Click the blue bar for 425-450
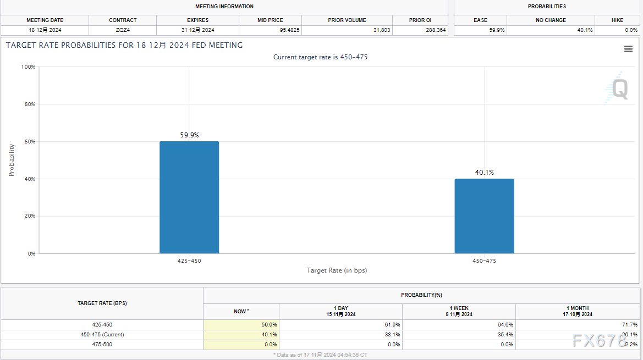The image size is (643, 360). click(x=189, y=197)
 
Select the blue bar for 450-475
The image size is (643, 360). click(x=484, y=216)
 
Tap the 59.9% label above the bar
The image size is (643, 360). click(x=189, y=135)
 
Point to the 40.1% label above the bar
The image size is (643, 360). click(x=485, y=172)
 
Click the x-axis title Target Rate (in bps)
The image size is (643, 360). click(x=337, y=270)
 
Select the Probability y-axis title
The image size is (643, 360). click(x=12, y=160)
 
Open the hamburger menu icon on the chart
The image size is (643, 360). click(x=628, y=49)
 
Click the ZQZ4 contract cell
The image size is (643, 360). click(x=123, y=30)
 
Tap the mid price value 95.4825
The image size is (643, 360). click(x=289, y=30)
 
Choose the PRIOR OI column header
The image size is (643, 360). click(x=420, y=20)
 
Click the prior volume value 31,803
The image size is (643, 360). click(x=381, y=30)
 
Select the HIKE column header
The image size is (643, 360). click(x=617, y=20)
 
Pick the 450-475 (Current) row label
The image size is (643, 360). click(x=102, y=334)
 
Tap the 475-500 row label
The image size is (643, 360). click(x=102, y=344)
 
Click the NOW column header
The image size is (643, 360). click(x=241, y=312)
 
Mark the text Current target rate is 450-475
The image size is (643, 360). click(x=320, y=57)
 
